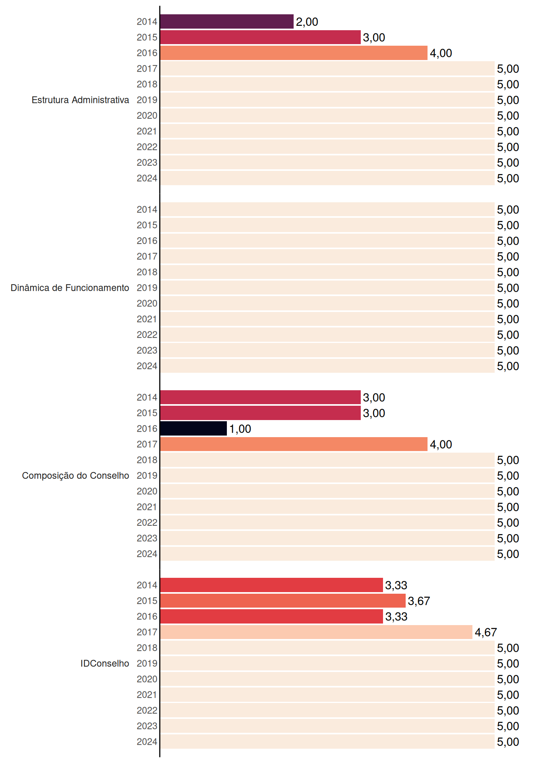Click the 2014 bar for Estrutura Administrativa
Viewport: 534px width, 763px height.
click(227, 21)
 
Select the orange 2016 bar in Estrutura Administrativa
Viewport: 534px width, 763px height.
click(294, 53)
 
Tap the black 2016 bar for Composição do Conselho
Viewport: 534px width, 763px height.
click(193, 428)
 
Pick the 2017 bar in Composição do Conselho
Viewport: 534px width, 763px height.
click(294, 444)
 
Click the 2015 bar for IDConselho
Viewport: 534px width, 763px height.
click(283, 601)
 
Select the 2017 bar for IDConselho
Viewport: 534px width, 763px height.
click(316, 632)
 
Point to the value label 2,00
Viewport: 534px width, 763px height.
click(307, 22)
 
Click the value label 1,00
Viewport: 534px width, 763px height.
click(240, 429)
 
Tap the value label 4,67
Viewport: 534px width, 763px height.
click(486, 632)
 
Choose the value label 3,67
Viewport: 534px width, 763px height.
click(419, 601)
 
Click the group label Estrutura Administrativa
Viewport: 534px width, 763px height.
click(80, 100)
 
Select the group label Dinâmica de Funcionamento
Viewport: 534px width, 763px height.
click(70, 288)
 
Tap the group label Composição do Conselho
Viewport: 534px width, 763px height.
click(75, 476)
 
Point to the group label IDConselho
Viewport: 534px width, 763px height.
click(105, 663)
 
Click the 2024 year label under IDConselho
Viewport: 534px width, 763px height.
click(147, 742)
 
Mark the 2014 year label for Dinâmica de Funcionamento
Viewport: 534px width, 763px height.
click(147, 209)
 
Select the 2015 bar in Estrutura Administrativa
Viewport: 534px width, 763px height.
click(260, 37)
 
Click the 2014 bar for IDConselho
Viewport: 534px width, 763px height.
click(271, 585)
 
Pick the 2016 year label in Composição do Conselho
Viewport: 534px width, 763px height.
click(147, 428)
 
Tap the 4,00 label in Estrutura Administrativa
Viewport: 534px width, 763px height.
click(441, 53)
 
